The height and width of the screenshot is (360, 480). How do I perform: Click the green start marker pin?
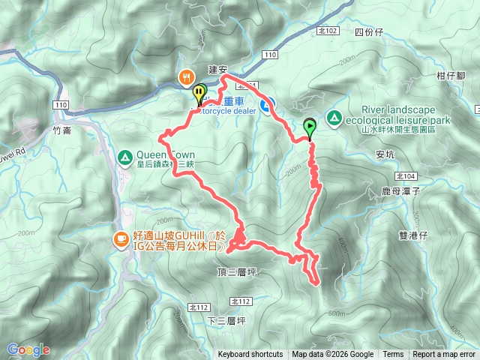pyautogui.click(x=309, y=127)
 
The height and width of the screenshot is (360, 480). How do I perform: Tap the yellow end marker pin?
pyautogui.click(x=199, y=94)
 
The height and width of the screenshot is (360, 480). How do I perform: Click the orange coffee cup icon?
pyautogui.click(x=120, y=239)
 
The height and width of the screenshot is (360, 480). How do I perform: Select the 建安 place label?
pyautogui.click(x=217, y=70)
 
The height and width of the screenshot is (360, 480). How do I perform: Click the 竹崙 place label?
pyautogui.click(x=63, y=130)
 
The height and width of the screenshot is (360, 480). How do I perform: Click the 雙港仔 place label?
pyautogui.click(x=412, y=235)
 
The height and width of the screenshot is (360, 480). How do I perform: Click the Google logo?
pyautogui.click(x=28, y=349)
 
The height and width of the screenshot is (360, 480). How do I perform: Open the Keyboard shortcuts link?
pyautogui.click(x=250, y=355)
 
